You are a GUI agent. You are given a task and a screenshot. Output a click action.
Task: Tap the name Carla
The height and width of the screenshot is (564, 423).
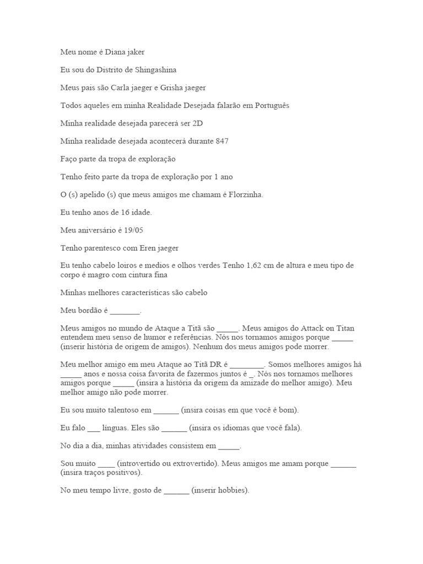[122, 88]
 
